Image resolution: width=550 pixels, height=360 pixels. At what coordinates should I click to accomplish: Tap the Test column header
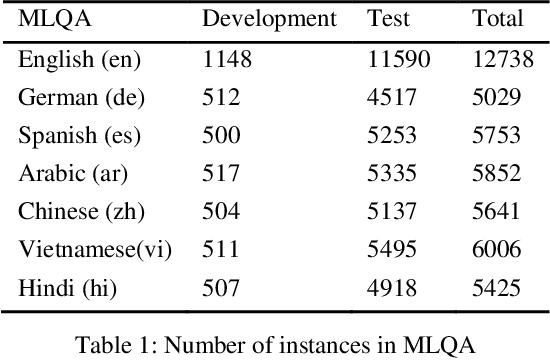pyautogui.click(x=389, y=19)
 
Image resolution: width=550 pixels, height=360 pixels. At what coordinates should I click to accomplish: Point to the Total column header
pyautogui.click(x=497, y=19)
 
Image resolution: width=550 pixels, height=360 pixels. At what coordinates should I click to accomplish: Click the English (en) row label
pyautogui.click(x=79, y=61)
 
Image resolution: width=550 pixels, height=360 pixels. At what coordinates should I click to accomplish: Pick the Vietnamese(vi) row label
pyautogui.click(x=95, y=252)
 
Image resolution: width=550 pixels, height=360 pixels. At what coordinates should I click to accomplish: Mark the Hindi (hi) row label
pyautogui.click(x=66, y=290)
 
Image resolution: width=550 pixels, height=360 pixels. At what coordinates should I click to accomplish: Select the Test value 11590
pyautogui.click(x=398, y=61)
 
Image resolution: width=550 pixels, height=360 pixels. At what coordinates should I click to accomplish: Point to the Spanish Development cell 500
pyautogui.click(x=221, y=137)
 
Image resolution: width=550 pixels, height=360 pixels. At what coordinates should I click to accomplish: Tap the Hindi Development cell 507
pyautogui.click(x=221, y=290)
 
